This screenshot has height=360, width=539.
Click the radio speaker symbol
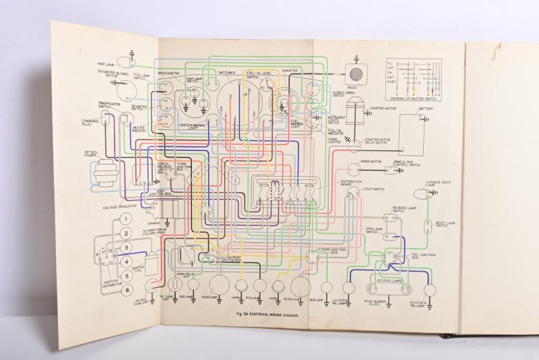tap(355, 73)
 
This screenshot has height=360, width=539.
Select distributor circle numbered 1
tap(125, 220)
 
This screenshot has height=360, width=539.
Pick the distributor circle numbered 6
tap(125, 290)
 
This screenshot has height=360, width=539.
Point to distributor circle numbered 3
tap(125, 248)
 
